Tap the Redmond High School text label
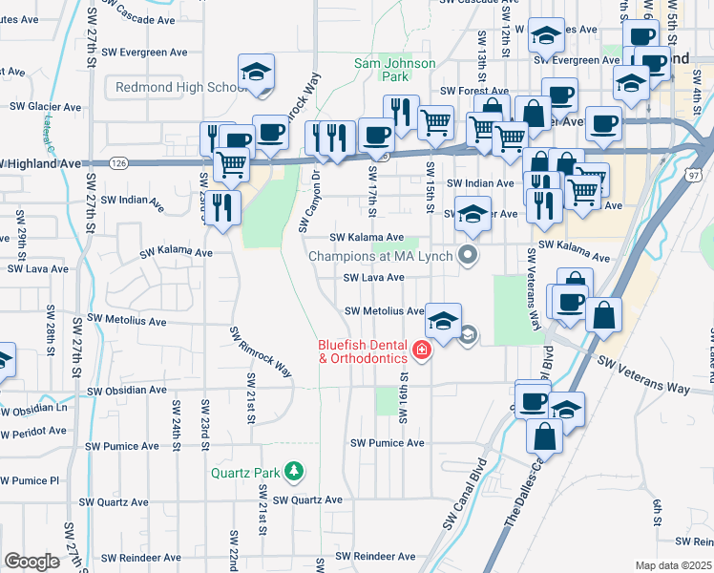point(181,87)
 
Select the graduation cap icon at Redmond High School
point(256,72)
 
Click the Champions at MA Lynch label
point(382,256)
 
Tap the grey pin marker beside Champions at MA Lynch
point(467,254)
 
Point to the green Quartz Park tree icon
point(296,471)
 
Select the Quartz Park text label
point(248,472)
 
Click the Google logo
point(32,562)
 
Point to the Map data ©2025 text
point(672,565)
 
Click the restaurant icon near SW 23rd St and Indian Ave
point(223,207)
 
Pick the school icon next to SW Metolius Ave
point(442,321)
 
